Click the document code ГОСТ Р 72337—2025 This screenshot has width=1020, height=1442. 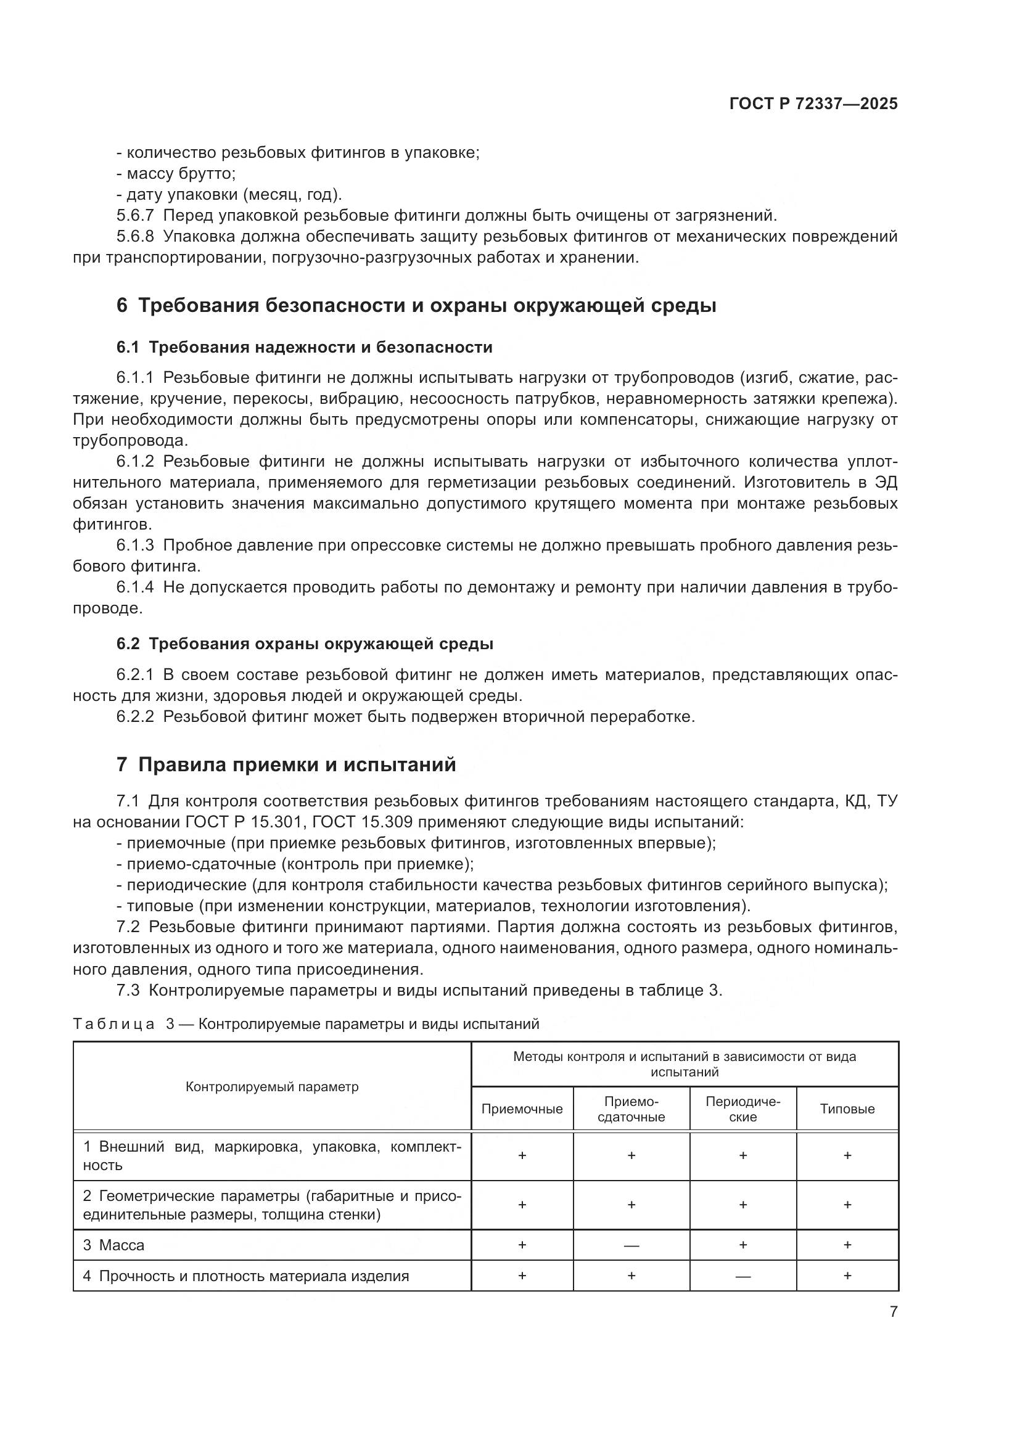(x=813, y=104)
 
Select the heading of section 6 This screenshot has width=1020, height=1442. (x=416, y=306)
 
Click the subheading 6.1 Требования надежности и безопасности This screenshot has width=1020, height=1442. (x=304, y=347)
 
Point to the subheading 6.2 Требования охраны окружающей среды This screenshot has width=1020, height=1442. (x=305, y=644)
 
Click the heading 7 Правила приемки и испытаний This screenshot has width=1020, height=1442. (x=286, y=765)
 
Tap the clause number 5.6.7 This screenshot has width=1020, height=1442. (x=134, y=216)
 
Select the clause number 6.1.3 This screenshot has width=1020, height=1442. (x=134, y=546)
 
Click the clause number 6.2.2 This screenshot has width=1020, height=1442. (x=134, y=716)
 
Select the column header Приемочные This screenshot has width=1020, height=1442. (x=522, y=1109)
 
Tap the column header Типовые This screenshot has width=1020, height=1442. (x=847, y=1109)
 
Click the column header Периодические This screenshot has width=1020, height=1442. (x=742, y=1109)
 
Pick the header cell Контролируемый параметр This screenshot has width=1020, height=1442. (x=272, y=1087)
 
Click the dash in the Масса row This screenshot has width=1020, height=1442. (x=631, y=1245)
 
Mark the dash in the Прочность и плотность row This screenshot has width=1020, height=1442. (x=742, y=1276)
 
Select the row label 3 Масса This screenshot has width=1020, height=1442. (x=113, y=1245)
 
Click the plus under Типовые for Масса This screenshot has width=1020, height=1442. (x=847, y=1245)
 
